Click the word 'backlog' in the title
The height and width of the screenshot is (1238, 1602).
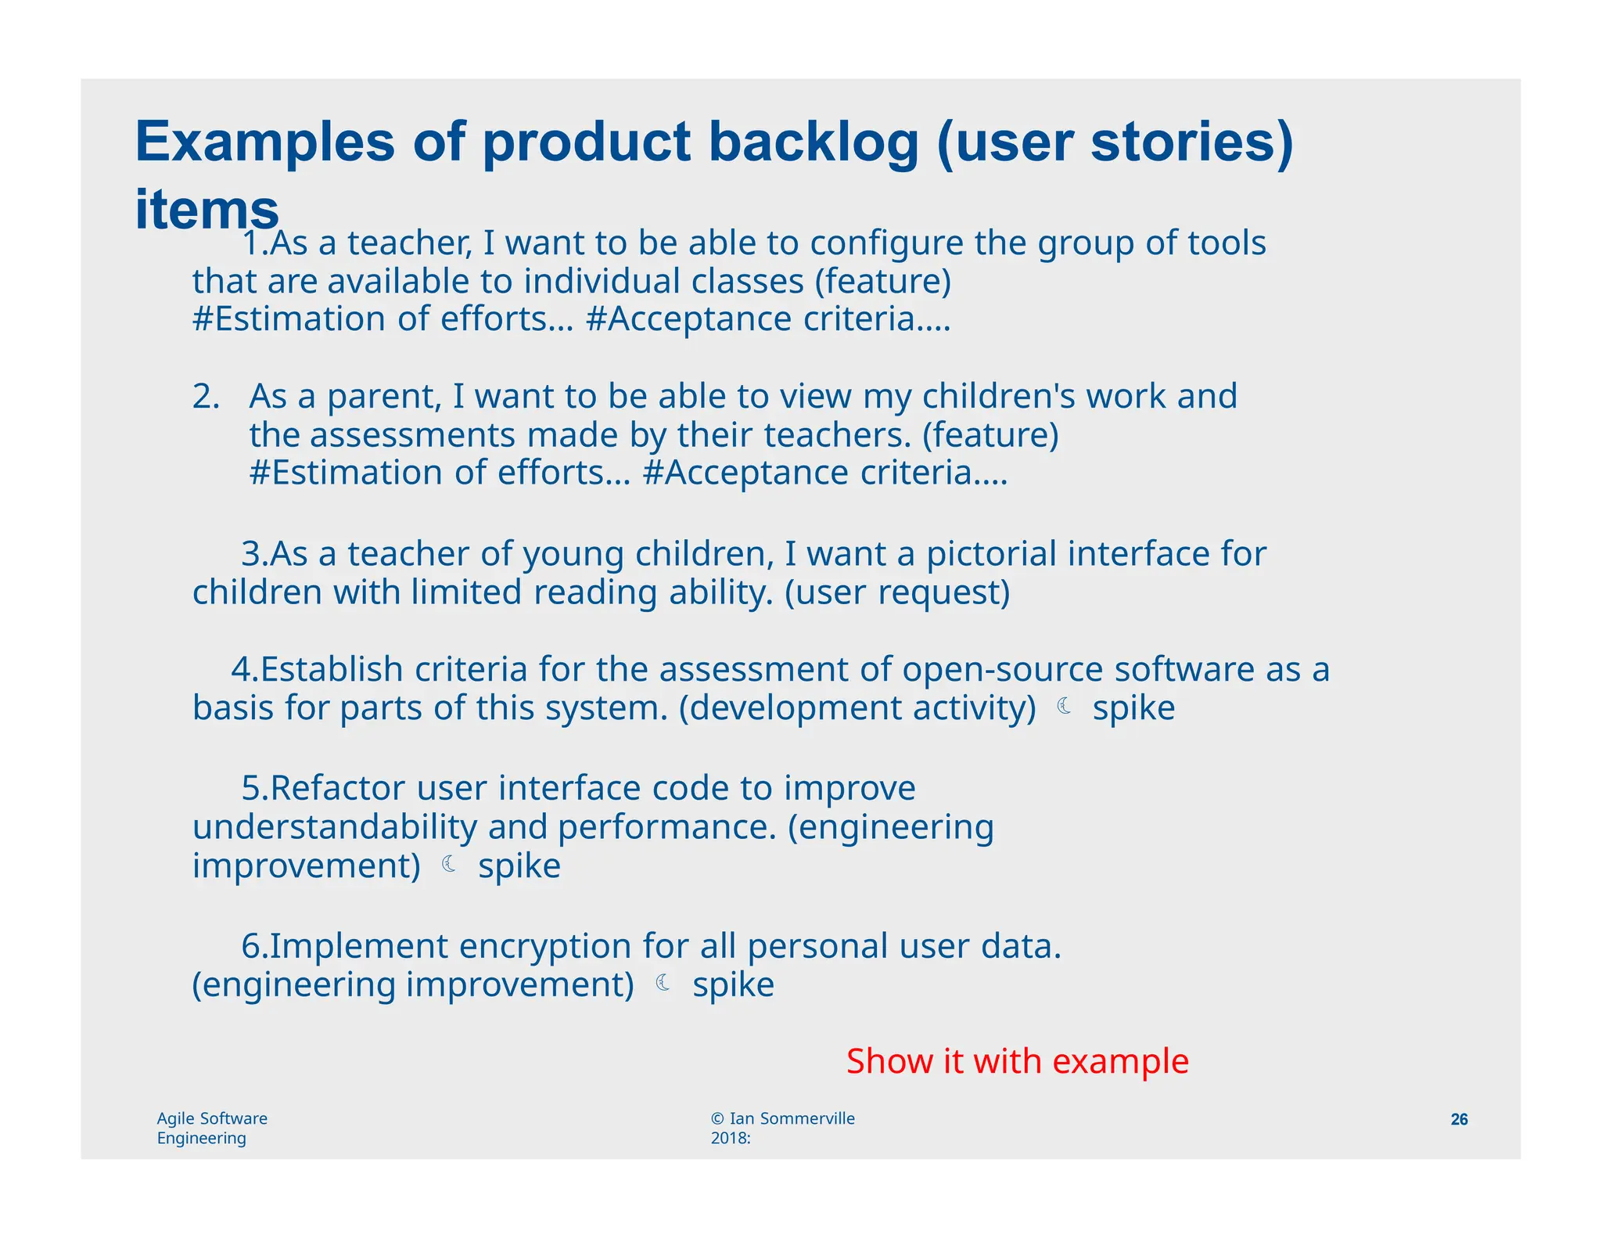[814, 142]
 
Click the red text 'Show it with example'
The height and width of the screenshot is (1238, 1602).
[1017, 1061]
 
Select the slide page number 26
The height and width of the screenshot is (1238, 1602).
[1459, 1119]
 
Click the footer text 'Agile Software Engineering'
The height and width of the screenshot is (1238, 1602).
[212, 1128]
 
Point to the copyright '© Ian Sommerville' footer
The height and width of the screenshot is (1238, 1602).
[782, 1118]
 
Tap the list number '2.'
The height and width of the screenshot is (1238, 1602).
[207, 397]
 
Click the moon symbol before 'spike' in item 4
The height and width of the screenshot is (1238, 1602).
[1064, 707]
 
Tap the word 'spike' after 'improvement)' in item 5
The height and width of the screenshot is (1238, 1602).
[519, 866]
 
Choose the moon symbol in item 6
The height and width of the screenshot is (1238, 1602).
[663, 983]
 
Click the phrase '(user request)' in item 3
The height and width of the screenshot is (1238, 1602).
[897, 593]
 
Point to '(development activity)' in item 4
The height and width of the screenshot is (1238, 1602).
[857, 708]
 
